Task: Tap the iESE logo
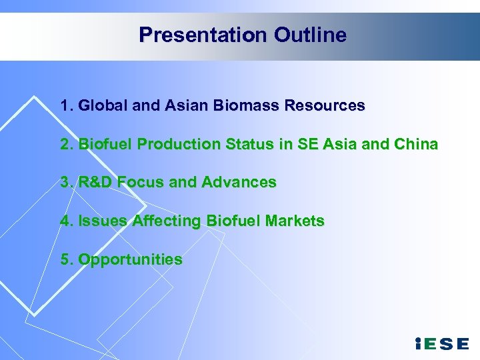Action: point(441,344)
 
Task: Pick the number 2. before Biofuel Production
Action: point(67,144)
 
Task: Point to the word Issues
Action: point(101,221)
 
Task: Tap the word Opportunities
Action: point(130,259)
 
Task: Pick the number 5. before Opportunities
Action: point(67,259)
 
